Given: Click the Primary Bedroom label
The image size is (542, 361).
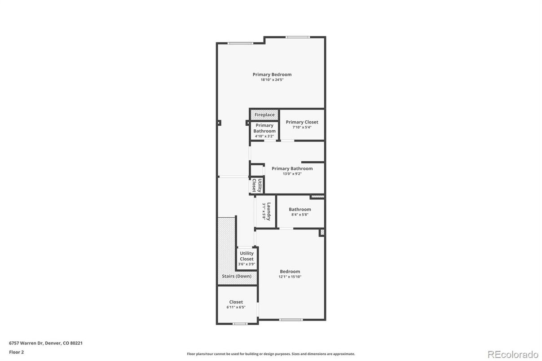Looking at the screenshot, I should [272, 75].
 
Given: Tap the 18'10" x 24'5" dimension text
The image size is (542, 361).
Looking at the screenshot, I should [272, 80].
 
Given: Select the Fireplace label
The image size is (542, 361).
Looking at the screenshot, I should [264, 115].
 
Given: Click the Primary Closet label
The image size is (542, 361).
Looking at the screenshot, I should [302, 122].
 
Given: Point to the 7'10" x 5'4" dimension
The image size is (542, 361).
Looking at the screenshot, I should [302, 128].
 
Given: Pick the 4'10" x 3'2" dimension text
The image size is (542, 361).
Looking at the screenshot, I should [264, 136].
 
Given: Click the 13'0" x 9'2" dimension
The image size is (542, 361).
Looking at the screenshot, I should [292, 174].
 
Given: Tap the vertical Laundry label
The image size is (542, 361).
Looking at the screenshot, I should [269, 211].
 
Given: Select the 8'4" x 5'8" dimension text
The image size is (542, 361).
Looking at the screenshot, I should [300, 215].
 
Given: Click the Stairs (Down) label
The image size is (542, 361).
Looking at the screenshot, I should [237, 276].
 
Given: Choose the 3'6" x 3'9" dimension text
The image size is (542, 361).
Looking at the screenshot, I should [247, 264].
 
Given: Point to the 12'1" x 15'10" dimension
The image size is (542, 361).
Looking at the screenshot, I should [290, 277].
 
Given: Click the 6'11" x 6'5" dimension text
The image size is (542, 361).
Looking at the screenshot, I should [236, 308].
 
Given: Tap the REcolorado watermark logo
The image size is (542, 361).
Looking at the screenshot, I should [513, 354].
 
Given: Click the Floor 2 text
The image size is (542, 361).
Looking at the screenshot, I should [17, 352].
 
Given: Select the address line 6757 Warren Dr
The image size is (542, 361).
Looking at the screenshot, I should [46, 343].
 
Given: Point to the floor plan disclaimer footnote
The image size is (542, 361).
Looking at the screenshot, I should [271, 354].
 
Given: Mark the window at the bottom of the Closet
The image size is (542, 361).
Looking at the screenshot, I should [240, 323].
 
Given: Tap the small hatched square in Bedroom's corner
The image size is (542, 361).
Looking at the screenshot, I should [322, 232].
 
